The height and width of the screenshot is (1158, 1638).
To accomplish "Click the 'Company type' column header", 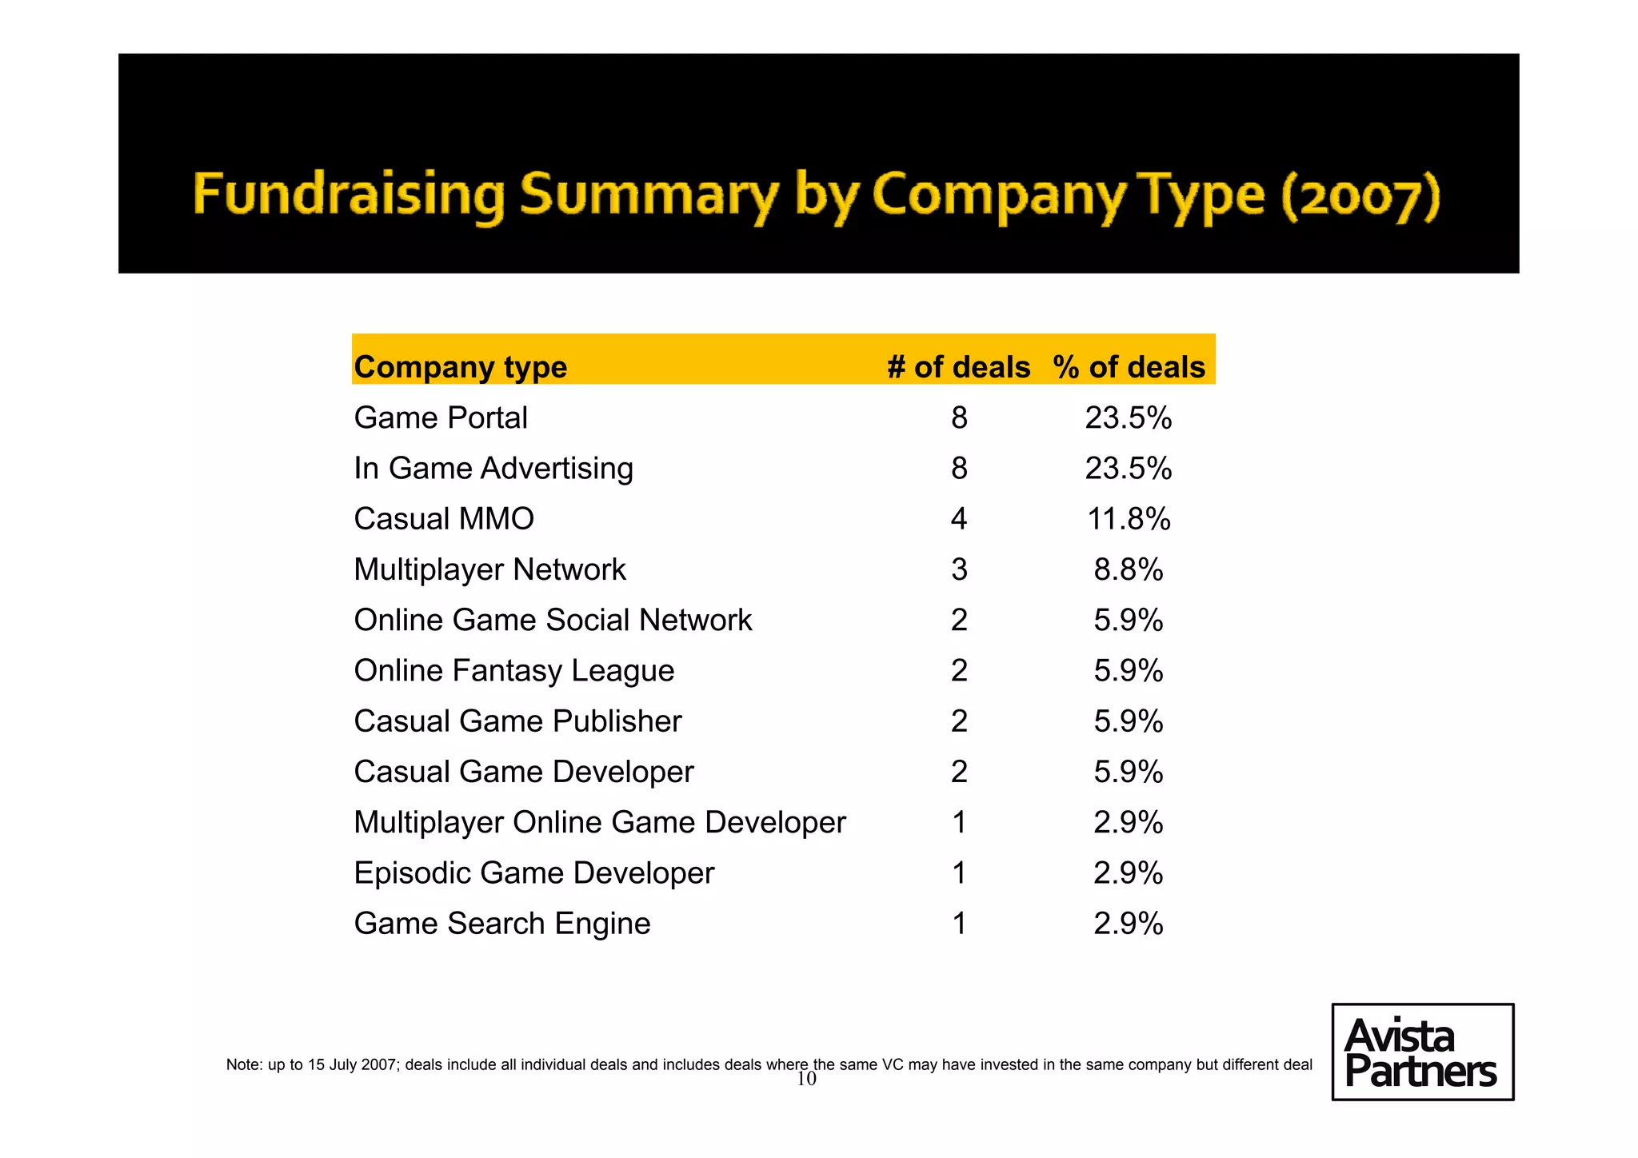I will tap(461, 367).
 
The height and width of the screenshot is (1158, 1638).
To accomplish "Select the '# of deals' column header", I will tap(958, 367).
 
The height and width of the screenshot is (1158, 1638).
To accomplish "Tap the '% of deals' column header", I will tap(1129, 367).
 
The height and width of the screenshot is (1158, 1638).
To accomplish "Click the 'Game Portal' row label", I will tap(441, 417).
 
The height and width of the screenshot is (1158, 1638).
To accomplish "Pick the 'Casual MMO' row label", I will tap(444, 519).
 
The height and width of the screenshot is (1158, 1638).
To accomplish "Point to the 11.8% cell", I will tap(1129, 519).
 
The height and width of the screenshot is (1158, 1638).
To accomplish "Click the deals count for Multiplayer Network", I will tap(959, 569).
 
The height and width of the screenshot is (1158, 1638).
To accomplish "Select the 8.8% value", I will tap(1129, 569).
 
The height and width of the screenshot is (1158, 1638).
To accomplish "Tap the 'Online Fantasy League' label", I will tap(514, 670).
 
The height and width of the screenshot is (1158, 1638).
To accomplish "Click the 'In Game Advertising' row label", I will tap(493, 468).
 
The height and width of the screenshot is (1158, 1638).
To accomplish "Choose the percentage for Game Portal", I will tap(1129, 417).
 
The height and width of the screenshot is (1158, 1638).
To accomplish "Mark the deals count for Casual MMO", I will tap(959, 519).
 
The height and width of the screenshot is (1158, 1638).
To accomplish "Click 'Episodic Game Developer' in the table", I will tap(534, 872).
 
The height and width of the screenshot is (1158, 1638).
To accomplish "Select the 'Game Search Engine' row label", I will tap(502, 923).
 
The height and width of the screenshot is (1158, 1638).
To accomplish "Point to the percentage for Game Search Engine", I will tap(1129, 923).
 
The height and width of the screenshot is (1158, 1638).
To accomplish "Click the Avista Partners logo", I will tap(1422, 1052).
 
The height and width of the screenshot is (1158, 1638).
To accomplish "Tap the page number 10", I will tap(806, 1080).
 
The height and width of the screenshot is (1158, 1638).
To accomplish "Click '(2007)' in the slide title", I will tap(1360, 195).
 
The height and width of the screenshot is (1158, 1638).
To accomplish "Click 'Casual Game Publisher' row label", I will tap(517, 721).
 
